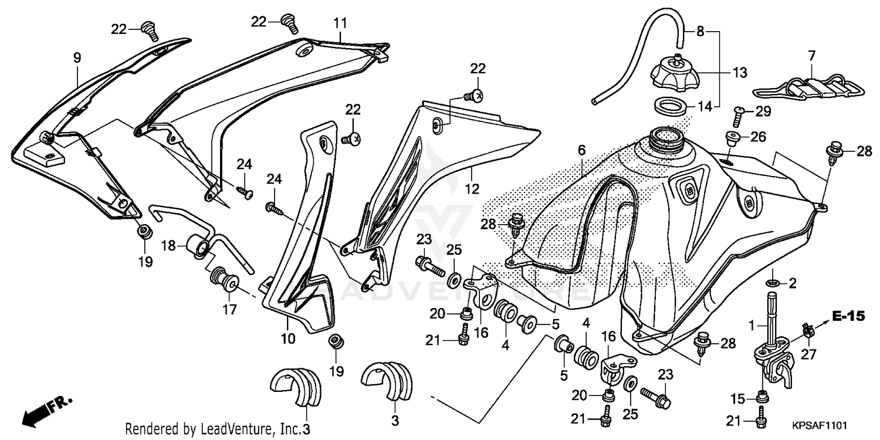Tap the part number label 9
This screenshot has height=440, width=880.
coord(77,57)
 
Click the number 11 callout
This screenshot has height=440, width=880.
coord(341,23)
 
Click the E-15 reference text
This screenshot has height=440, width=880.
coord(848,316)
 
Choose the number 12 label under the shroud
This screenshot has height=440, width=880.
coord(472,189)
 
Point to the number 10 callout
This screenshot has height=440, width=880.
coord(288,339)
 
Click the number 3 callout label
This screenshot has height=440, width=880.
coord(395,420)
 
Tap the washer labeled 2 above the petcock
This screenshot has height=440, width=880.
coord(773,284)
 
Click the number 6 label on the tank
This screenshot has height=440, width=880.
coord(581,150)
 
